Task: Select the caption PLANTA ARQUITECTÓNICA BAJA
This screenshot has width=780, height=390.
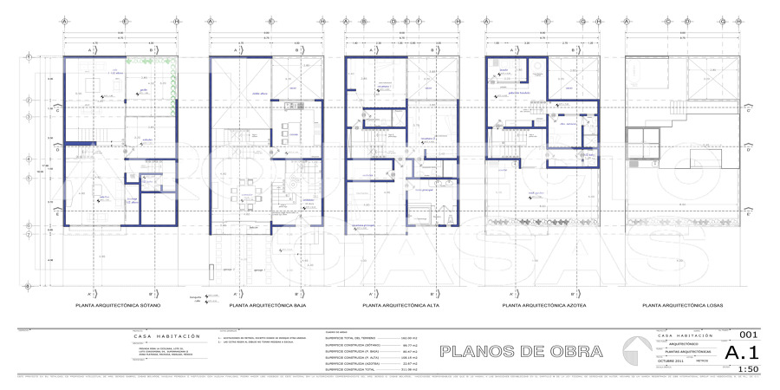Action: click(262, 306)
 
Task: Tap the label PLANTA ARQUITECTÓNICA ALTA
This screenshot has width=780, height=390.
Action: click(399, 306)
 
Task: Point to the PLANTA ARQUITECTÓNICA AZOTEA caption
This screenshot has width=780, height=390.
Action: click(543, 306)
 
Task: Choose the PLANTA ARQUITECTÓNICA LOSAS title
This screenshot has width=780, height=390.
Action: click(682, 306)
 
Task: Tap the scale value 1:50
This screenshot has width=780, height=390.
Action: click(746, 369)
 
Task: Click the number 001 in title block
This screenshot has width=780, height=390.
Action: click(748, 335)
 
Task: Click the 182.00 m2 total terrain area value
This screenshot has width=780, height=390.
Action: click(409, 339)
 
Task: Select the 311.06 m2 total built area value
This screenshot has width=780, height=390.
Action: click(409, 369)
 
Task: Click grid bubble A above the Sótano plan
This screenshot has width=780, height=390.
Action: click(64, 20)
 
